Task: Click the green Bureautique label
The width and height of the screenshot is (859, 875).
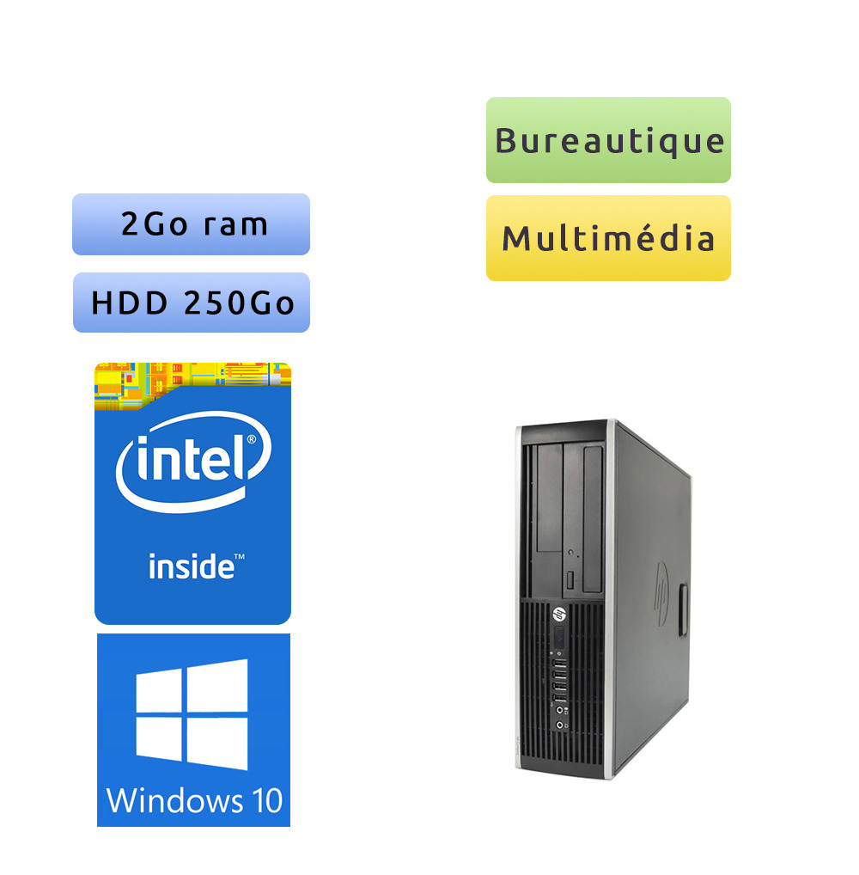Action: (608, 140)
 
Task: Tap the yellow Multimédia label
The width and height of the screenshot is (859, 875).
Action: (608, 238)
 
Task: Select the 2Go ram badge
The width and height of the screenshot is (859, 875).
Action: (191, 224)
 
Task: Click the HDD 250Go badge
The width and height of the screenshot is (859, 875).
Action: (192, 303)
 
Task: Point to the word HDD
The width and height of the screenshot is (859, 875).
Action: (129, 303)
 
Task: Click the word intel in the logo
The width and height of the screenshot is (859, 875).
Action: (191, 457)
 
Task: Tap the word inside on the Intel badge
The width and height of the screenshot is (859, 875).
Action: (192, 566)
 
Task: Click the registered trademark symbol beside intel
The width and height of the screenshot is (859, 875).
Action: (252, 439)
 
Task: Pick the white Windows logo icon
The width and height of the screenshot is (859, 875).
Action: (192, 714)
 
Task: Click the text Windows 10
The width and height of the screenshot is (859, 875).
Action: (194, 801)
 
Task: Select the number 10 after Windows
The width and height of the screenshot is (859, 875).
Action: (267, 801)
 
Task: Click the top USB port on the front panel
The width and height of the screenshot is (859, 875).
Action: (560, 664)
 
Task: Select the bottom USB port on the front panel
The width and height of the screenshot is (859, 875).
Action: (560, 698)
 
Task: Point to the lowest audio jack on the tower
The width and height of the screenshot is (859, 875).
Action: (559, 725)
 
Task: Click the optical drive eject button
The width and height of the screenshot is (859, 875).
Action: (570, 580)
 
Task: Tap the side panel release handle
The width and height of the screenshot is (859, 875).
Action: (683, 609)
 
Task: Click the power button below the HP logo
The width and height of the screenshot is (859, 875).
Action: (559, 637)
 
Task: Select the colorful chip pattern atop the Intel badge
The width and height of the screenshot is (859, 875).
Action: (192, 385)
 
